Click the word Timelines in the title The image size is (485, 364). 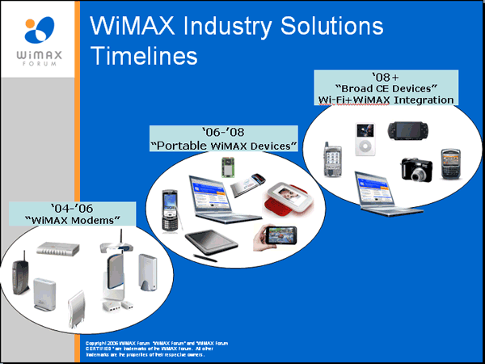[144, 56]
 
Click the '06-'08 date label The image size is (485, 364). [224, 132]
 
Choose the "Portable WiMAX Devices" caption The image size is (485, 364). [224, 145]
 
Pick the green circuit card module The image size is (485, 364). [228, 167]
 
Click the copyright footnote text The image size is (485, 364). [157, 349]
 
